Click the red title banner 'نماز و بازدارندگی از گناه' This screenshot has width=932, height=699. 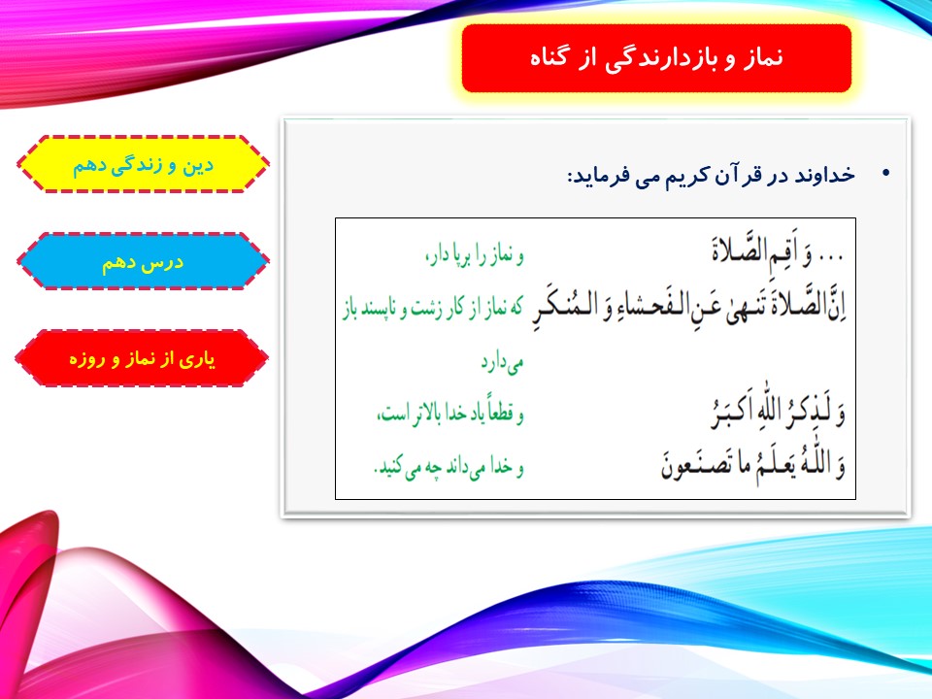point(656,58)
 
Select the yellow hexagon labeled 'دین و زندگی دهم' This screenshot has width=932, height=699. point(143,164)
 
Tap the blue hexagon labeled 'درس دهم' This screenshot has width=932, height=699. point(143,261)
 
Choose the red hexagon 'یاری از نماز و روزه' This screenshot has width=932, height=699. point(142,358)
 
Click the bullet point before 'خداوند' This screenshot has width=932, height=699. point(886,174)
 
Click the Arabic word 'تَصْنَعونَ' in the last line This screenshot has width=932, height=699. point(693,465)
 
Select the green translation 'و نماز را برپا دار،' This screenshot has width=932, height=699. point(475,255)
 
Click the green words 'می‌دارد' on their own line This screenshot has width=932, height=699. point(502,362)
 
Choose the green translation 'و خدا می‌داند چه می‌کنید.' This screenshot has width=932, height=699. point(449,467)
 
